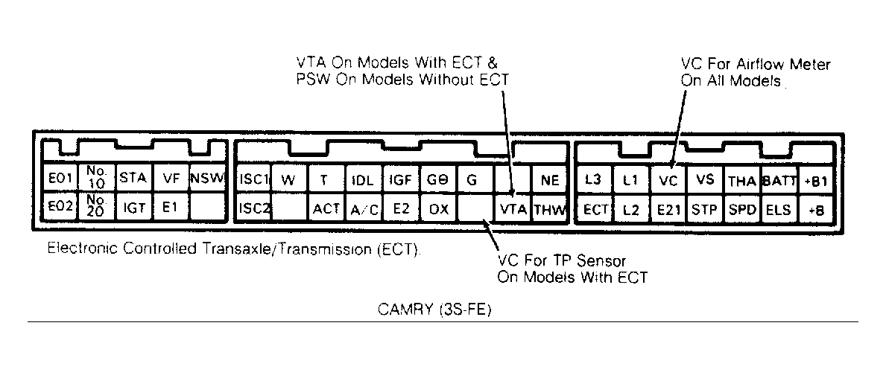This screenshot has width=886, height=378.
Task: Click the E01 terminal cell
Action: tap(60, 179)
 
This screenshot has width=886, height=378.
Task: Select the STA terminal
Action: tap(133, 179)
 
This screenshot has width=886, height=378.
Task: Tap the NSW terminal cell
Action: tap(207, 179)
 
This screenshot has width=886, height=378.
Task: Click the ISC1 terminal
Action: tap(253, 179)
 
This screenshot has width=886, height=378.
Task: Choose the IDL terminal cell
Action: tap(363, 179)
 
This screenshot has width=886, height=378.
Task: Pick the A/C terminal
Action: tap(363, 209)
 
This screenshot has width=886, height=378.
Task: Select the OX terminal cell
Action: tap(439, 209)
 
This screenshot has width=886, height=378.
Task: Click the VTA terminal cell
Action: tap(513, 209)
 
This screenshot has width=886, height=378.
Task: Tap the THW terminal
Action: tap(550, 209)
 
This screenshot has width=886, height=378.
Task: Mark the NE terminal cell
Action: tap(550, 179)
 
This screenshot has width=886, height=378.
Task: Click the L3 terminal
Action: tap(595, 179)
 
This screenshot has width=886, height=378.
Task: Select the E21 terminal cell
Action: tap(668, 209)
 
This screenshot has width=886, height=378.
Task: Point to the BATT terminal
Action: tap(779, 179)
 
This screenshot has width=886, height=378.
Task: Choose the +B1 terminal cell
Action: tap(816, 179)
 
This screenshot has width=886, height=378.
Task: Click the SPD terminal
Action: tap(742, 209)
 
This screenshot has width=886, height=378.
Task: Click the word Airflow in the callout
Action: tap(756, 65)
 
